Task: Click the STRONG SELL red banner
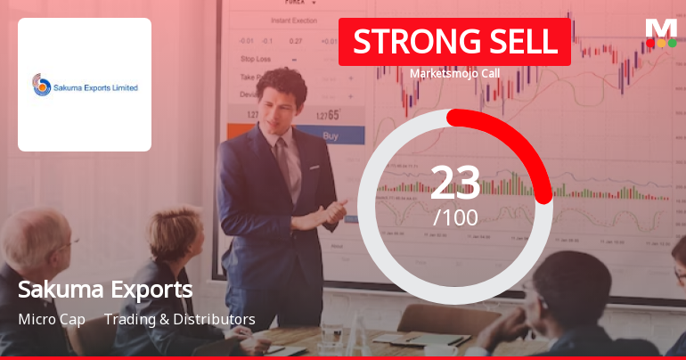pyautogui.click(x=454, y=42)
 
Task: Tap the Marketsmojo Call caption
pyautogui.click(x=454, y=74)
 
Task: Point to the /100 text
pyautogui.click(x=455, y=217)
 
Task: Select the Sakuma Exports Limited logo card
pyautogui.click(x=85, y=85)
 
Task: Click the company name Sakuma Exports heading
pyautogui.click(x=105, y=290)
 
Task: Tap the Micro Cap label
pyautogui.click(x=52, y=319)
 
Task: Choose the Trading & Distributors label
pyautogui.click(x=180, y=319)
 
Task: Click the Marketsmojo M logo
pyautogui.click(x=661, y=29)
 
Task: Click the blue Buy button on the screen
pyautogui.click(x=331, y=136)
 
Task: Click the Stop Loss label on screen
pyautogui.click(x=255, y=59)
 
